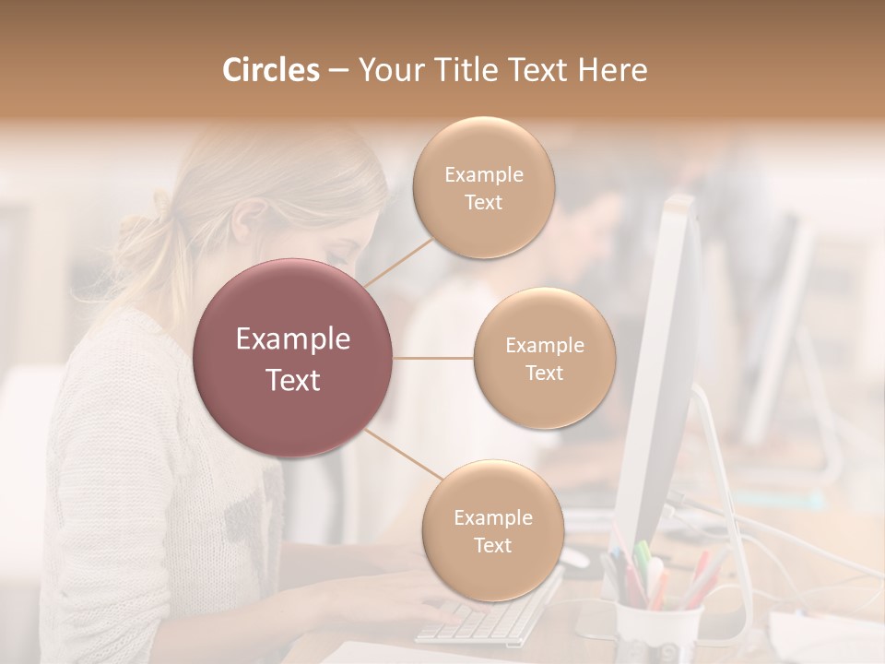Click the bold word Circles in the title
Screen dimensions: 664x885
click(270, 70)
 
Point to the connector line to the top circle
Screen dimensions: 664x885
click(398, 261)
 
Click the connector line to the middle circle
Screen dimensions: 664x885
click(433, 358)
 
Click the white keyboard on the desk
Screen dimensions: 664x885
click(489, 613)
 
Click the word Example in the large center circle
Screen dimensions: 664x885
click(293, 339)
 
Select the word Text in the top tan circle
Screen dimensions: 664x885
click(484, 203)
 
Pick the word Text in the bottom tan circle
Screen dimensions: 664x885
click(493, 545)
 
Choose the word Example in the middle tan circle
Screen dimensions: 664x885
click(545, 346)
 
